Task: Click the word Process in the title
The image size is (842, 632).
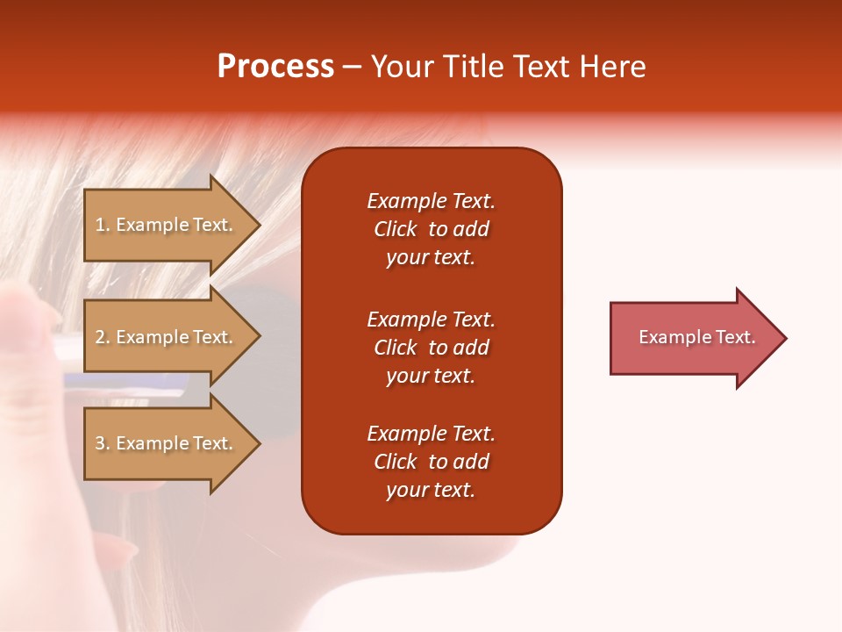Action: click(275, 67)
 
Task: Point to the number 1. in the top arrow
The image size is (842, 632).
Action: click(103, 225)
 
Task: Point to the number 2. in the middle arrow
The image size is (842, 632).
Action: click(103, 337)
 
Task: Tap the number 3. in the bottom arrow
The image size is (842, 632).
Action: click(103, 443)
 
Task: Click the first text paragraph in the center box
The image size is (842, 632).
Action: click(431, 229)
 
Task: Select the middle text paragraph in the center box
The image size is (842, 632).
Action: click(431, 348)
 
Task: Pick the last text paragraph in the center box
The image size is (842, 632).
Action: click(431, 462)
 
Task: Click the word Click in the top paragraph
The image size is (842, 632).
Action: click(395, 229)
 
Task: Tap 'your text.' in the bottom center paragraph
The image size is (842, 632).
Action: click(431, 491)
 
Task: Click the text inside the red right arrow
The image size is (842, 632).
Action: click(696, 337)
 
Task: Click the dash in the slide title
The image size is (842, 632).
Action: click(353, 68)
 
